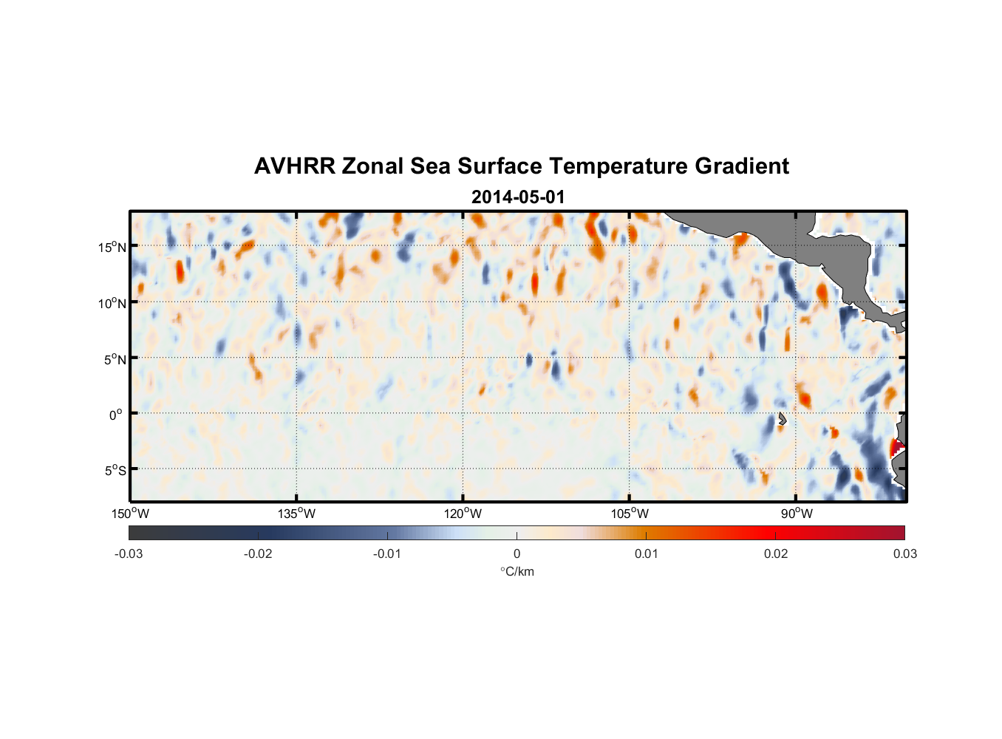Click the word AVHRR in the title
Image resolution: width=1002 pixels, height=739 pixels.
click(294, 166)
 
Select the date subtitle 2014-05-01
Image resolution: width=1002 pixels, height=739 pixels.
click(518, 197)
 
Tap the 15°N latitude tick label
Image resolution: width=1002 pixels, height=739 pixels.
click(112, 247)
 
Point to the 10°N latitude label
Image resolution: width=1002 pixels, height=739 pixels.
click(112, 303)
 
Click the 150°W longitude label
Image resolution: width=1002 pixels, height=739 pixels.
click(130, 514)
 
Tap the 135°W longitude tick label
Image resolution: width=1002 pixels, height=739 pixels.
click(296, 514)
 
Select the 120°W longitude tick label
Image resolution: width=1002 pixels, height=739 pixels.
click(463, 514)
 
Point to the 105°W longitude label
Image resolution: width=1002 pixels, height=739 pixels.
click(630, 514)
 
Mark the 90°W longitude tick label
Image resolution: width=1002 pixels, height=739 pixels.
click(796, 514)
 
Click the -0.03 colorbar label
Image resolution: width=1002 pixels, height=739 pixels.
click(129, 554)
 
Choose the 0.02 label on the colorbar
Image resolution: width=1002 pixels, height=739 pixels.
click(776, 554)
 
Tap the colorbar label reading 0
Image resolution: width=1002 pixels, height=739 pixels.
click(517, 554)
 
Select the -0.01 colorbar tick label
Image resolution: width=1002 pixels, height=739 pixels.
click(387, 554)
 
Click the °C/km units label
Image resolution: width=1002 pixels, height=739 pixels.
click(517, 572)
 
